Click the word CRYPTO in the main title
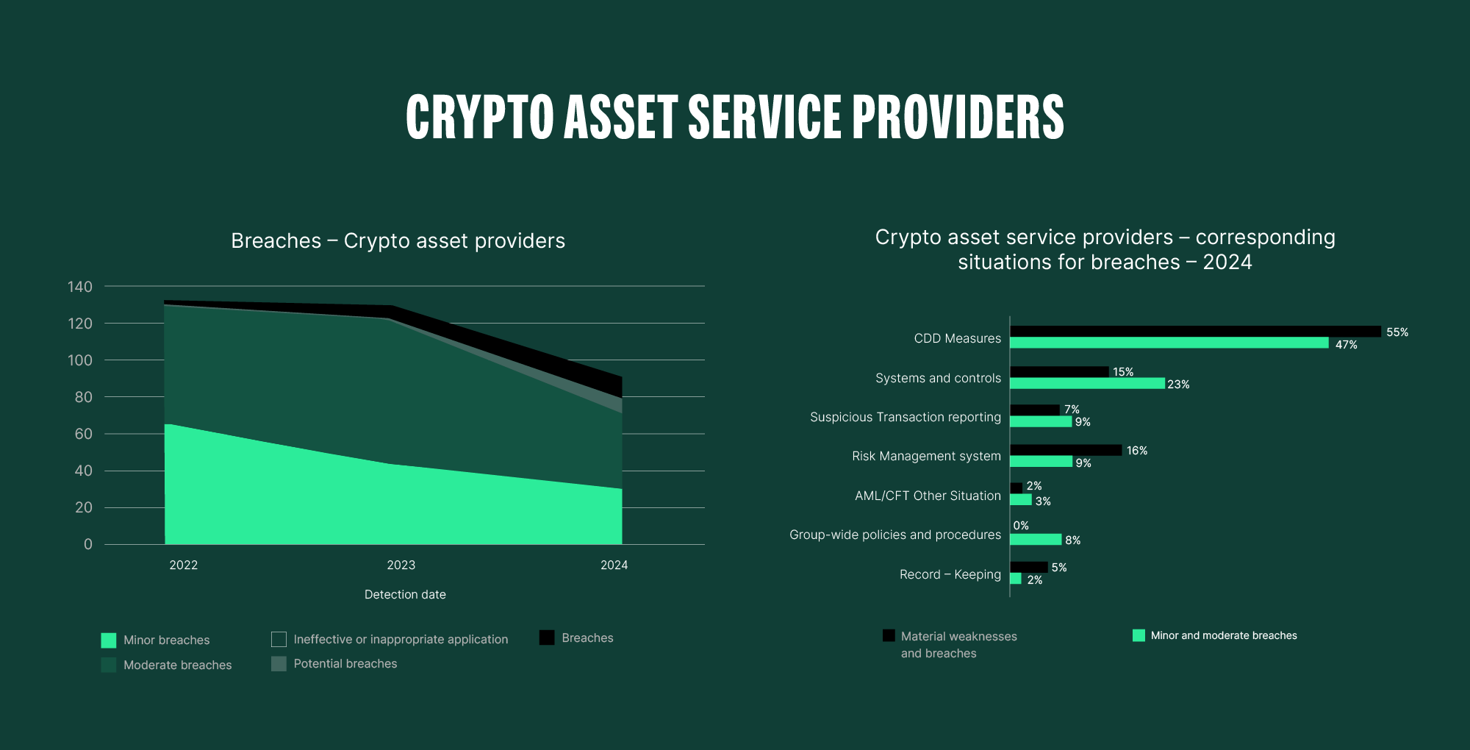[480, 118]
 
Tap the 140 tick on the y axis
[80, 287]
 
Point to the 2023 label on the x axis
[401, 565]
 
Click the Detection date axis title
[405, 594]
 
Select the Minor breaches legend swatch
[109, 640]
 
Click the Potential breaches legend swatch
[279, 664]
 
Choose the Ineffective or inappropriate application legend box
[279, 639]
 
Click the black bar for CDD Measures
[1195, 332]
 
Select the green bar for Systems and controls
[1087, 383]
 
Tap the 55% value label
[1397, 332]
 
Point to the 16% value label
[1136, 451]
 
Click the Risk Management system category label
[926, 456]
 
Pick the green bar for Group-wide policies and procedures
[1036, 540]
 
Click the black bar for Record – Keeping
[1029, 567]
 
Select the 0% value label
[1021, 526]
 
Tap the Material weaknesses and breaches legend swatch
[889, 635]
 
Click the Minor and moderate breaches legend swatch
[1139, 635]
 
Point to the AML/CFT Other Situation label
[928, 496]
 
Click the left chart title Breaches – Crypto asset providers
[398, 241]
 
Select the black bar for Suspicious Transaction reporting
[1035, 410]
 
